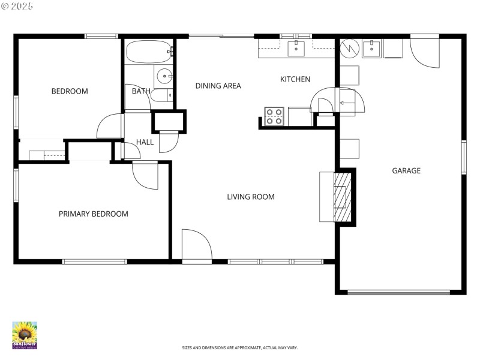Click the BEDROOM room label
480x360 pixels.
point(70,92)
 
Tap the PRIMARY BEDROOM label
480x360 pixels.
point(93,214)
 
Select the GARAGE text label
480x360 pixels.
point(406,171)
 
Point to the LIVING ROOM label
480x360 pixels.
point(250,197)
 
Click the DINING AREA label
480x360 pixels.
point(218,86)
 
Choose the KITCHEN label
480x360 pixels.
point(295,79)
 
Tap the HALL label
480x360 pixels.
point(145,142)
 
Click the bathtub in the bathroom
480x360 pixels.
point(149,52)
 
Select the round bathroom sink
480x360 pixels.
point(164,76)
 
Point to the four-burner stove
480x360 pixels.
point(274,116)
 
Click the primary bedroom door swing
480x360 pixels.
point(145,175)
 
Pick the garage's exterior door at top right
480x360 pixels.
point(425,52)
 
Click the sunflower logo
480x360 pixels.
point(25,335)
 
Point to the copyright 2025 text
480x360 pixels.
point(17,6)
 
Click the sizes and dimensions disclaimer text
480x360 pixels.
point(240,348)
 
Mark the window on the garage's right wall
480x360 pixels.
point(463,157)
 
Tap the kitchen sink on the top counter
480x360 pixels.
point(296,48)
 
